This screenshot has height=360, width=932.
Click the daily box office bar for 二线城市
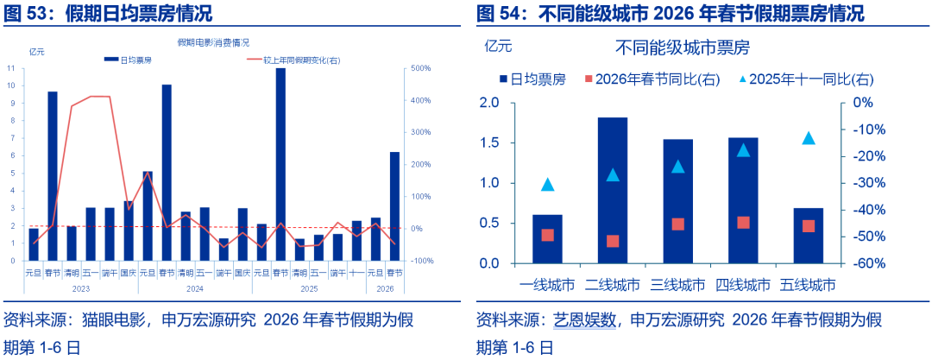[612, 190]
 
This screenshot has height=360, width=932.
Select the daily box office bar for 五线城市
[808, 235]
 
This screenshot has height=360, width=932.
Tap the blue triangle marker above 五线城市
[809, 138]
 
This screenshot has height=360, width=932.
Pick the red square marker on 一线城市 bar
[547, 235]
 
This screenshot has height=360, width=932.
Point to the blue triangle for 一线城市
[547, 185]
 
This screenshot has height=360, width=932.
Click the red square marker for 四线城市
[743, 223]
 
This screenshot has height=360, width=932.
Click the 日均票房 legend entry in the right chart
[532, 79]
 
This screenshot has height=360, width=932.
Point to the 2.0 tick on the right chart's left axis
[488, 103]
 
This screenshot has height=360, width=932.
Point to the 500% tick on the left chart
[421, 68]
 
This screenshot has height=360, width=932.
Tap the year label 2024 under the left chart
[195, 288]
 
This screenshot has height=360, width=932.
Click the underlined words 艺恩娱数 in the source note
[584, 320]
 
